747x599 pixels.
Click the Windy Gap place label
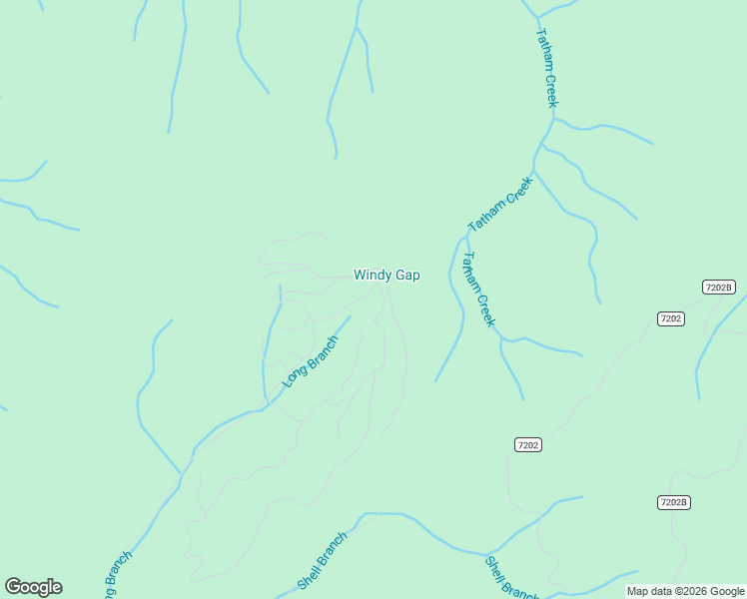pyautogui.click(x=386, y=276)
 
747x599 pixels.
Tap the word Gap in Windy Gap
pyautogui.click(x=406, y=276)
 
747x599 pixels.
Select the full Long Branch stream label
pyautogui.click(x=311, y=360)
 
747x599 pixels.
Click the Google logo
pyautogui.click(x=33, y=587)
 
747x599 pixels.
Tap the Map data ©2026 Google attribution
pyautogui.click(x=685, y=591)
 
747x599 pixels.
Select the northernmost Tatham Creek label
pyautogui.click(x=546, y=67)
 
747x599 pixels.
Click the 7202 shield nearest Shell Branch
pyautogui.click(x=528, y=444)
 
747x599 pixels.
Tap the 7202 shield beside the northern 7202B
pyautogui.click(x=671, y=318)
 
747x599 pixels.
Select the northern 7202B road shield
pyautogui.click(x=718, y=287)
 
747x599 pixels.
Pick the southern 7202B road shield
pyautogui.click(x=674, y=502)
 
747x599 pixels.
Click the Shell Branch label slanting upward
pyautogui.click(x=322, y=561)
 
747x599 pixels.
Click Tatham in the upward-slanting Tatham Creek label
pyautogui.click(x=488, y=215)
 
